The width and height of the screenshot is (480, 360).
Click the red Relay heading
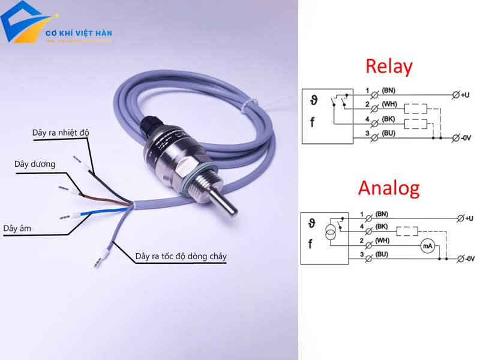coord(389,67)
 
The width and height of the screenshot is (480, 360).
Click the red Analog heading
coord(388,188)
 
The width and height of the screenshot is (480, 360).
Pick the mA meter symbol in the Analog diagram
coord(427,246)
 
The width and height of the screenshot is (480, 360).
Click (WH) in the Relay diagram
coord(389,105)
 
